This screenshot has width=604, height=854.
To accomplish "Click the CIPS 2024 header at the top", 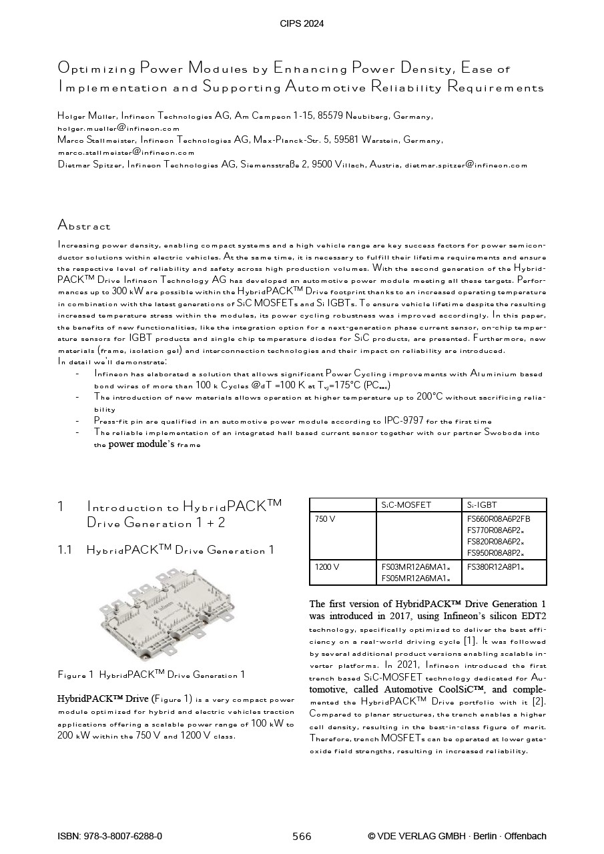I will coord(302,24).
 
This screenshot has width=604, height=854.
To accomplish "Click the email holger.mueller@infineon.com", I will coord(119,128).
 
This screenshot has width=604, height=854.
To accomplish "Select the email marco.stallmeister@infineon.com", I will coord(126,153).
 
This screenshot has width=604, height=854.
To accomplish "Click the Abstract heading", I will coord(84,226).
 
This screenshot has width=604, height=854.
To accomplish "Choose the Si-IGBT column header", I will coord(482,505).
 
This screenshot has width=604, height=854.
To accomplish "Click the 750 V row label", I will coord(325,519).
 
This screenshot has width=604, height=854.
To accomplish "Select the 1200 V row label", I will coord(327,567).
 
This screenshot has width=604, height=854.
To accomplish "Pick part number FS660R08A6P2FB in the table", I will coord(499,519).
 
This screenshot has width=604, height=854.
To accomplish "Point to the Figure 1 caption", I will coord(152,675).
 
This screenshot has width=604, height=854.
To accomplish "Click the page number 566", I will coord(302,837).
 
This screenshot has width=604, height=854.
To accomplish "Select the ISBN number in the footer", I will coord(110,837).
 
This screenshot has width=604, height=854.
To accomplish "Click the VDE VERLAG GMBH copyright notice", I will coord(457,837).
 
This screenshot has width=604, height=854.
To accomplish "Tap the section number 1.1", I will coord(65,550).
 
